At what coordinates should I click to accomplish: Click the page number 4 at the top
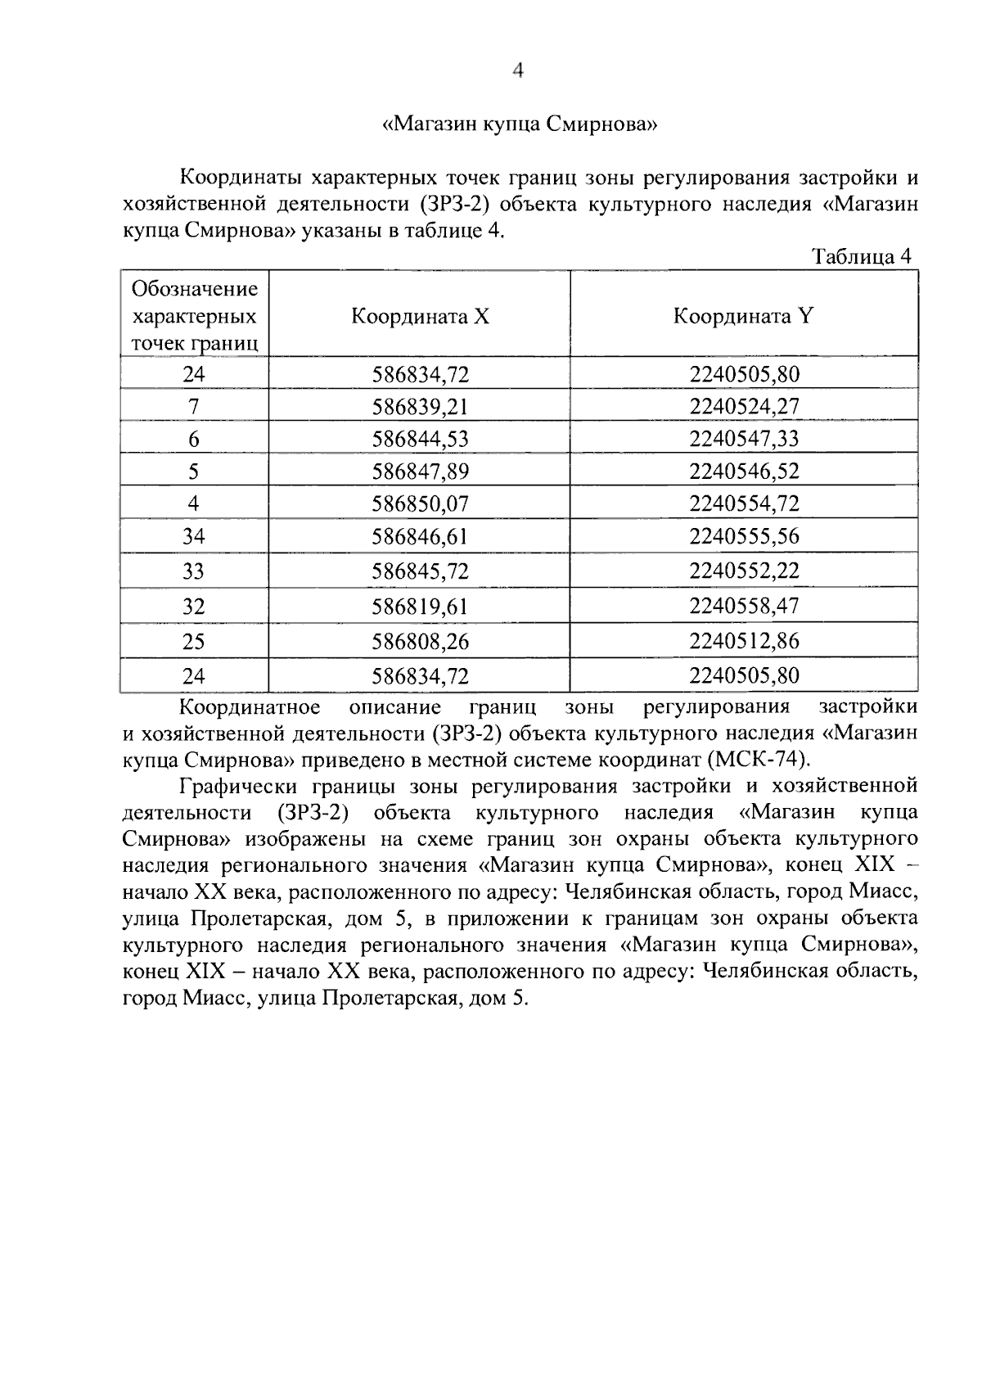(516, 71)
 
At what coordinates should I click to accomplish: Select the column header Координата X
(420, 316)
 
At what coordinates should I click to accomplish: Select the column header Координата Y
(743, 316)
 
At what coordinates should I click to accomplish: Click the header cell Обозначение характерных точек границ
(195, 316)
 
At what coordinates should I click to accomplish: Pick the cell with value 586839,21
(420, 406)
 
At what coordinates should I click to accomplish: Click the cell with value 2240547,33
(743, 438)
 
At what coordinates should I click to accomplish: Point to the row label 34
(194, 537)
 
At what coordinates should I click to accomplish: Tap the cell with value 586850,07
(420, 503)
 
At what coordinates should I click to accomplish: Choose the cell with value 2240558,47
(743, 606)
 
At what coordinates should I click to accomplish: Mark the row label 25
(194, 641)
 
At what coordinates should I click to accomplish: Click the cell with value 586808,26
(420, 641)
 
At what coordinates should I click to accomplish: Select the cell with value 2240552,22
(743, 571)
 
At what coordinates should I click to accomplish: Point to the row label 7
(194, 406)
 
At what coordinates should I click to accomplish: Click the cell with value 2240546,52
(743, 471)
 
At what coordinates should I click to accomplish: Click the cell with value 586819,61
(420, 606)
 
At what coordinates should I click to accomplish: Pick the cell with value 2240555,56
(743, 537)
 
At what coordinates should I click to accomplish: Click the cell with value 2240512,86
(743, 641)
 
